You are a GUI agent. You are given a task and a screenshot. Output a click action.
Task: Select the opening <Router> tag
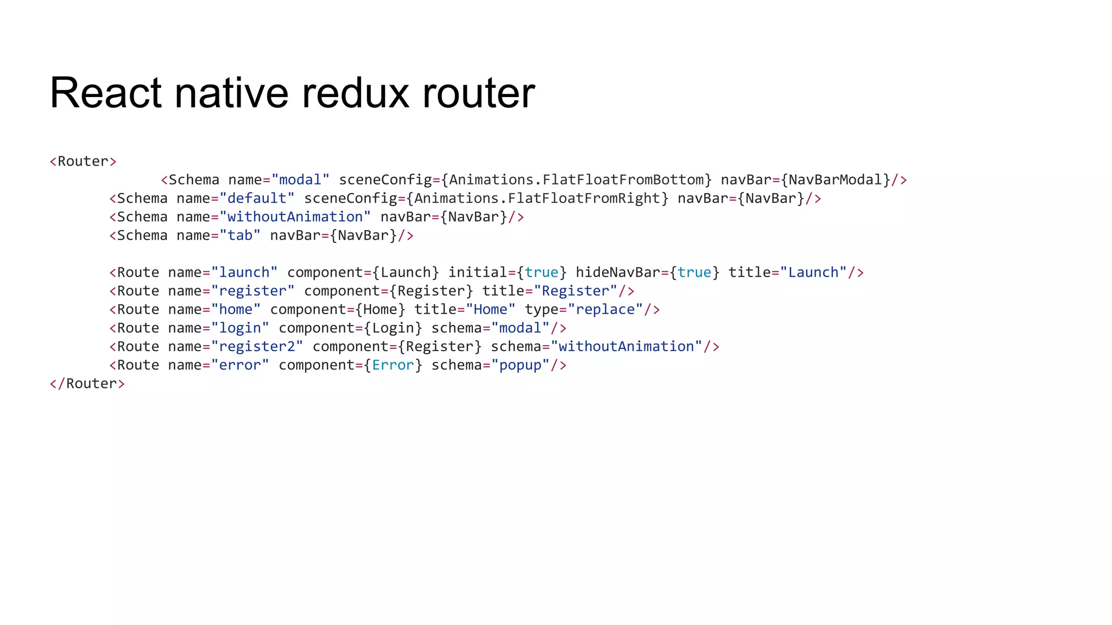coord(83,162)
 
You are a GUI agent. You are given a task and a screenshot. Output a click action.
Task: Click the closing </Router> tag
coord(87,384)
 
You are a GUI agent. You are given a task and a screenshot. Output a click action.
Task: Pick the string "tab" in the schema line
coord(240,235)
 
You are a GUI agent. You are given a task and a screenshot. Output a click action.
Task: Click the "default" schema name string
coord(257,199)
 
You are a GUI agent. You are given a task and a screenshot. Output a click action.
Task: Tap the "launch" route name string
coord(244,272)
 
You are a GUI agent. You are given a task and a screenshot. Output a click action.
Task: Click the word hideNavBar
coord(618,272)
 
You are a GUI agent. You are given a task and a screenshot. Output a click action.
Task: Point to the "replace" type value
coord(605,310)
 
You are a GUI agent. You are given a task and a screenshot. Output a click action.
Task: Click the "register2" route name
coord(257,347)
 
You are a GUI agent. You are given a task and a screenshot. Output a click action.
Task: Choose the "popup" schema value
coord(520,365)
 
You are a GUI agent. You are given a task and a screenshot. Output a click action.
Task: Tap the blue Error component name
coord(393,365)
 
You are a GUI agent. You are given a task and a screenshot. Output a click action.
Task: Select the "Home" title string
coord(490,310)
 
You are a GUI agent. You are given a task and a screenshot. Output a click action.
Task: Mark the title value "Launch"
coord(813,272)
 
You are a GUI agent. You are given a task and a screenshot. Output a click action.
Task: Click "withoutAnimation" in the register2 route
coord(626,347)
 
